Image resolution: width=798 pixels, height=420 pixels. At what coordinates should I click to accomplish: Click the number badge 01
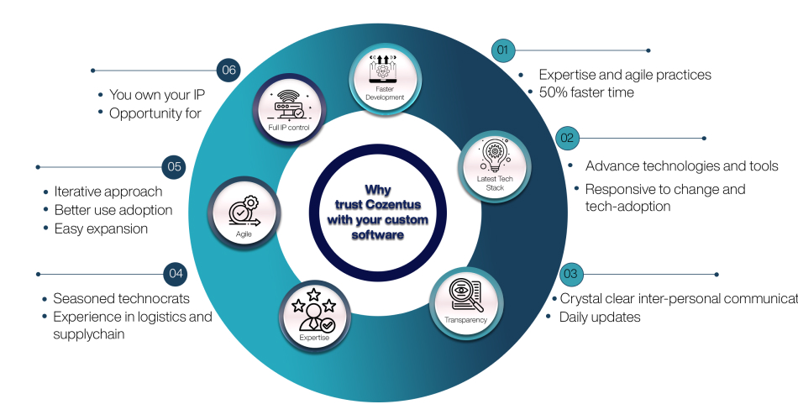coord(504,50)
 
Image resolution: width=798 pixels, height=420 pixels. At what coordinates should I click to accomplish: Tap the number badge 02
coord(567,138)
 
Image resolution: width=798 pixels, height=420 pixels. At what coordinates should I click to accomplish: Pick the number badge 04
coord(175,274)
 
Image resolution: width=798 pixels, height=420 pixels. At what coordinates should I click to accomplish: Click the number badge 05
coord(175,167)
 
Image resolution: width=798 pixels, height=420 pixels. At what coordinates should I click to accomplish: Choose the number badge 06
coord(228,71)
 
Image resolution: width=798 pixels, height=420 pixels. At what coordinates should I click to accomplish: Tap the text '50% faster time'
coord(581,92)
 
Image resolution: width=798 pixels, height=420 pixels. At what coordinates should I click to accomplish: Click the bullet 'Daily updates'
coord(600,317)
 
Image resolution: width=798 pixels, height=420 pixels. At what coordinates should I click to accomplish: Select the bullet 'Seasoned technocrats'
coord(121,298)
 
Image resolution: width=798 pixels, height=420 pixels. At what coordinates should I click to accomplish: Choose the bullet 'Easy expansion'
coord(101,228)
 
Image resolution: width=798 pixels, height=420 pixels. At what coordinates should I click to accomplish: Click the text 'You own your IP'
coord(157,95)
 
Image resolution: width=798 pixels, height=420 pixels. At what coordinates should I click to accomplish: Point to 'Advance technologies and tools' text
coord(681,165)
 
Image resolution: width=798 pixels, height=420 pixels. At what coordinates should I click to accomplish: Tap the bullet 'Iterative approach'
coord(108,192)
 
